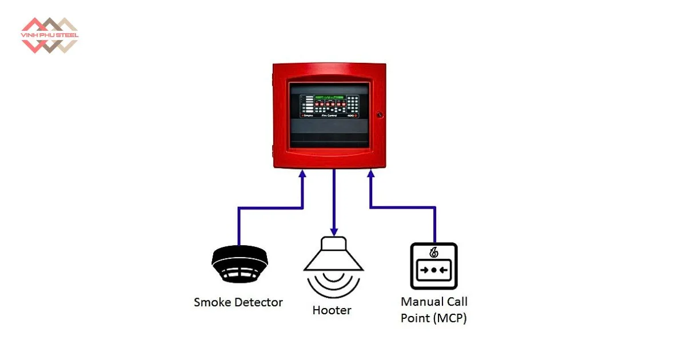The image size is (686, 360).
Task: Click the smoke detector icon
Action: click(240, 264)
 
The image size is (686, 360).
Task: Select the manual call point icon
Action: click(434, 266)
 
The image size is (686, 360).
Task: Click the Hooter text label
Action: click(332, 311)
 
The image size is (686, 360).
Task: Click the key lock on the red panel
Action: click(379, 115)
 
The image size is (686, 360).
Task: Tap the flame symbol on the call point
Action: click(433, 252)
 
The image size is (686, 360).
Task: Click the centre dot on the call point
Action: click(433, 270)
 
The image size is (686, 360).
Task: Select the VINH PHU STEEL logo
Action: click(49, 35)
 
